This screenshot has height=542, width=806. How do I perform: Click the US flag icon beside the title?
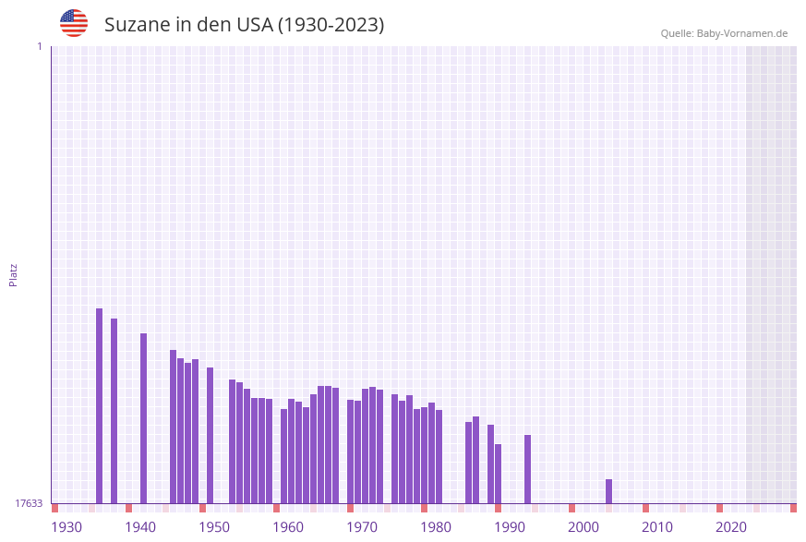coord(74,23)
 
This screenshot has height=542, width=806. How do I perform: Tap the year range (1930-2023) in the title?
coord(331,25)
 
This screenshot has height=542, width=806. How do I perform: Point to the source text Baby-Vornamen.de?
coord(742,33)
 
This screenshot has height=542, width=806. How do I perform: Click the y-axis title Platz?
coord(14,274)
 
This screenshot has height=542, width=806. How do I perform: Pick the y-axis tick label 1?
coord(39,46)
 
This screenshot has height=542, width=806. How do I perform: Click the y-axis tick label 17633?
coord(29,503)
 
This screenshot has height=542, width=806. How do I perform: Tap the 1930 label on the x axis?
coord(66,527)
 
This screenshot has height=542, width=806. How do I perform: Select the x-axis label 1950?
coord(214,527)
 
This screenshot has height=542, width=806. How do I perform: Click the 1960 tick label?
coord(288,527)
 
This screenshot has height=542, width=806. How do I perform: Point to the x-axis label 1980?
coord(436,527)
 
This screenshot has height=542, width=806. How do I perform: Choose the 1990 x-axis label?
coord(510,527)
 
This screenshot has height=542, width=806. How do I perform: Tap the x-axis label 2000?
coord(583,527)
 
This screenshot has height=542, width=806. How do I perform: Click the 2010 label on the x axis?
coord(657,527)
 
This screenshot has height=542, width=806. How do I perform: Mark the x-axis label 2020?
coord(731,527)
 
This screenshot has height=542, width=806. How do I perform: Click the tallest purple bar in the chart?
coord(100,405)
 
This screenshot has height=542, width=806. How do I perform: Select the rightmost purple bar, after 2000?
coord(609,491)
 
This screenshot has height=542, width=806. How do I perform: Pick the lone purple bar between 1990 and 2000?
coord(528,469)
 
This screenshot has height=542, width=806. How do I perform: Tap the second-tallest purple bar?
coord(114,411)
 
